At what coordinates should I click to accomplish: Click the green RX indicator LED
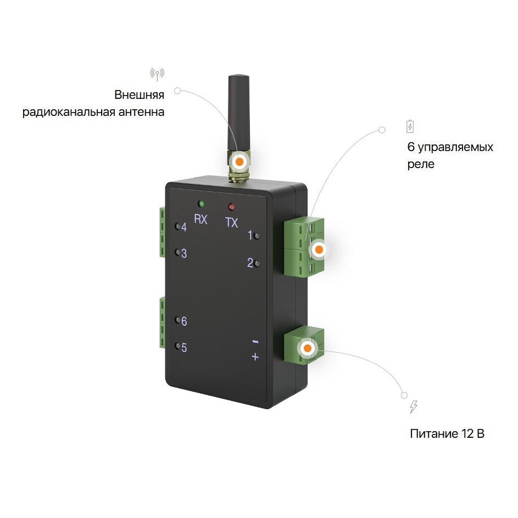tap(202, 203)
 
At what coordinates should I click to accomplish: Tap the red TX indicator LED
tap(231, 207)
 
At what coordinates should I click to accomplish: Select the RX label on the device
tap(201, 220)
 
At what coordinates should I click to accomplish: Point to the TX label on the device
tap(232, 222)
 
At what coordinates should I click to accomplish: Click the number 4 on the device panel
tap(184, 227)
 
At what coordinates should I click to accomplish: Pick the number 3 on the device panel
tap(184, 254)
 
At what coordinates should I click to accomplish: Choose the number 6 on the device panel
tap(184, 321)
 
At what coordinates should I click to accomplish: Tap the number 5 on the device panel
tap(184, 348)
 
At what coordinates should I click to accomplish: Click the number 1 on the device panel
tap(250, 236)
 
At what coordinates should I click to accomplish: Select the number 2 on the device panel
tap(250, 263)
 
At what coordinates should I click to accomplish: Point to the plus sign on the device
tap(255, 357)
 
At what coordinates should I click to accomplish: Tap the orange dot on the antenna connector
tap(239, 161)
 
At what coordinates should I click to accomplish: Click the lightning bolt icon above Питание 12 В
tap(414, 407)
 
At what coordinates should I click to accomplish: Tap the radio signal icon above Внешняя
tap(158, 74)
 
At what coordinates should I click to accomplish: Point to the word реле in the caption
tap(421, 164)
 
